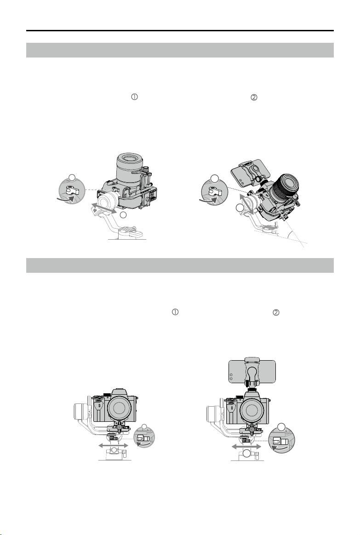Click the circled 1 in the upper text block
pos(135,97)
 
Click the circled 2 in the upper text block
pos(254,98)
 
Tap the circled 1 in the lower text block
pos(175,312)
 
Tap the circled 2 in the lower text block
pos(276,312)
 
